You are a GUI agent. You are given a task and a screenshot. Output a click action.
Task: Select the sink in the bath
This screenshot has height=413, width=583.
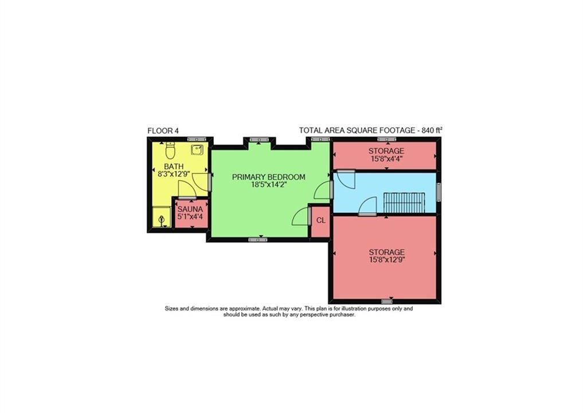coord(197,150)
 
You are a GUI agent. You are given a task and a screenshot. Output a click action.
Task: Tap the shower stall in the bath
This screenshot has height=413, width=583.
coord(162,217)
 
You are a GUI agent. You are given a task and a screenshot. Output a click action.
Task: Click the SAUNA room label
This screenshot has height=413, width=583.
coord(190,209)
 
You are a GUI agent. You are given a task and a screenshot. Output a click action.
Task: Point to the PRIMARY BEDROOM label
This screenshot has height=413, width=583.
coord(269,177)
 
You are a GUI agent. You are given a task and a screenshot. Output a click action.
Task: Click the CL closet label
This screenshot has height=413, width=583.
coord(321,220)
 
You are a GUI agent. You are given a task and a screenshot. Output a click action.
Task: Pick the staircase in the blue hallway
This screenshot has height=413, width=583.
coord(404,202)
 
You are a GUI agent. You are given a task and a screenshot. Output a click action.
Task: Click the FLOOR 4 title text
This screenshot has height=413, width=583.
coord(163,131)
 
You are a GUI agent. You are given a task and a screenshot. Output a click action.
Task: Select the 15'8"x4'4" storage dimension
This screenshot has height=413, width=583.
coord(386,158)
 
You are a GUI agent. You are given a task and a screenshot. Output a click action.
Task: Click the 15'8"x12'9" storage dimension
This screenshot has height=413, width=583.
coord(387,260)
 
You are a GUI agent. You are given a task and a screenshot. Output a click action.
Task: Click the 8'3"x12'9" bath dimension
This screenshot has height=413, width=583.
coord(174,173)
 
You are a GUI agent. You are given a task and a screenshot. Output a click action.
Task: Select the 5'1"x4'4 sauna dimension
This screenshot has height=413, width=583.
coord(190,217)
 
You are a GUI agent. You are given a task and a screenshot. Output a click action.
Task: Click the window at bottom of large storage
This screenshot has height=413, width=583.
coord(387,301)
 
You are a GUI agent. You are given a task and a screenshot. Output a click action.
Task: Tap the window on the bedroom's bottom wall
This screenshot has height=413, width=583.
coord(257,240)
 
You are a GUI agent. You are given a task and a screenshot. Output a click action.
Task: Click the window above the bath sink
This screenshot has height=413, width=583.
coord(197,139)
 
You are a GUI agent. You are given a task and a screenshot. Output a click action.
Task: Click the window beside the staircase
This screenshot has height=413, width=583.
coord(439,192)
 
